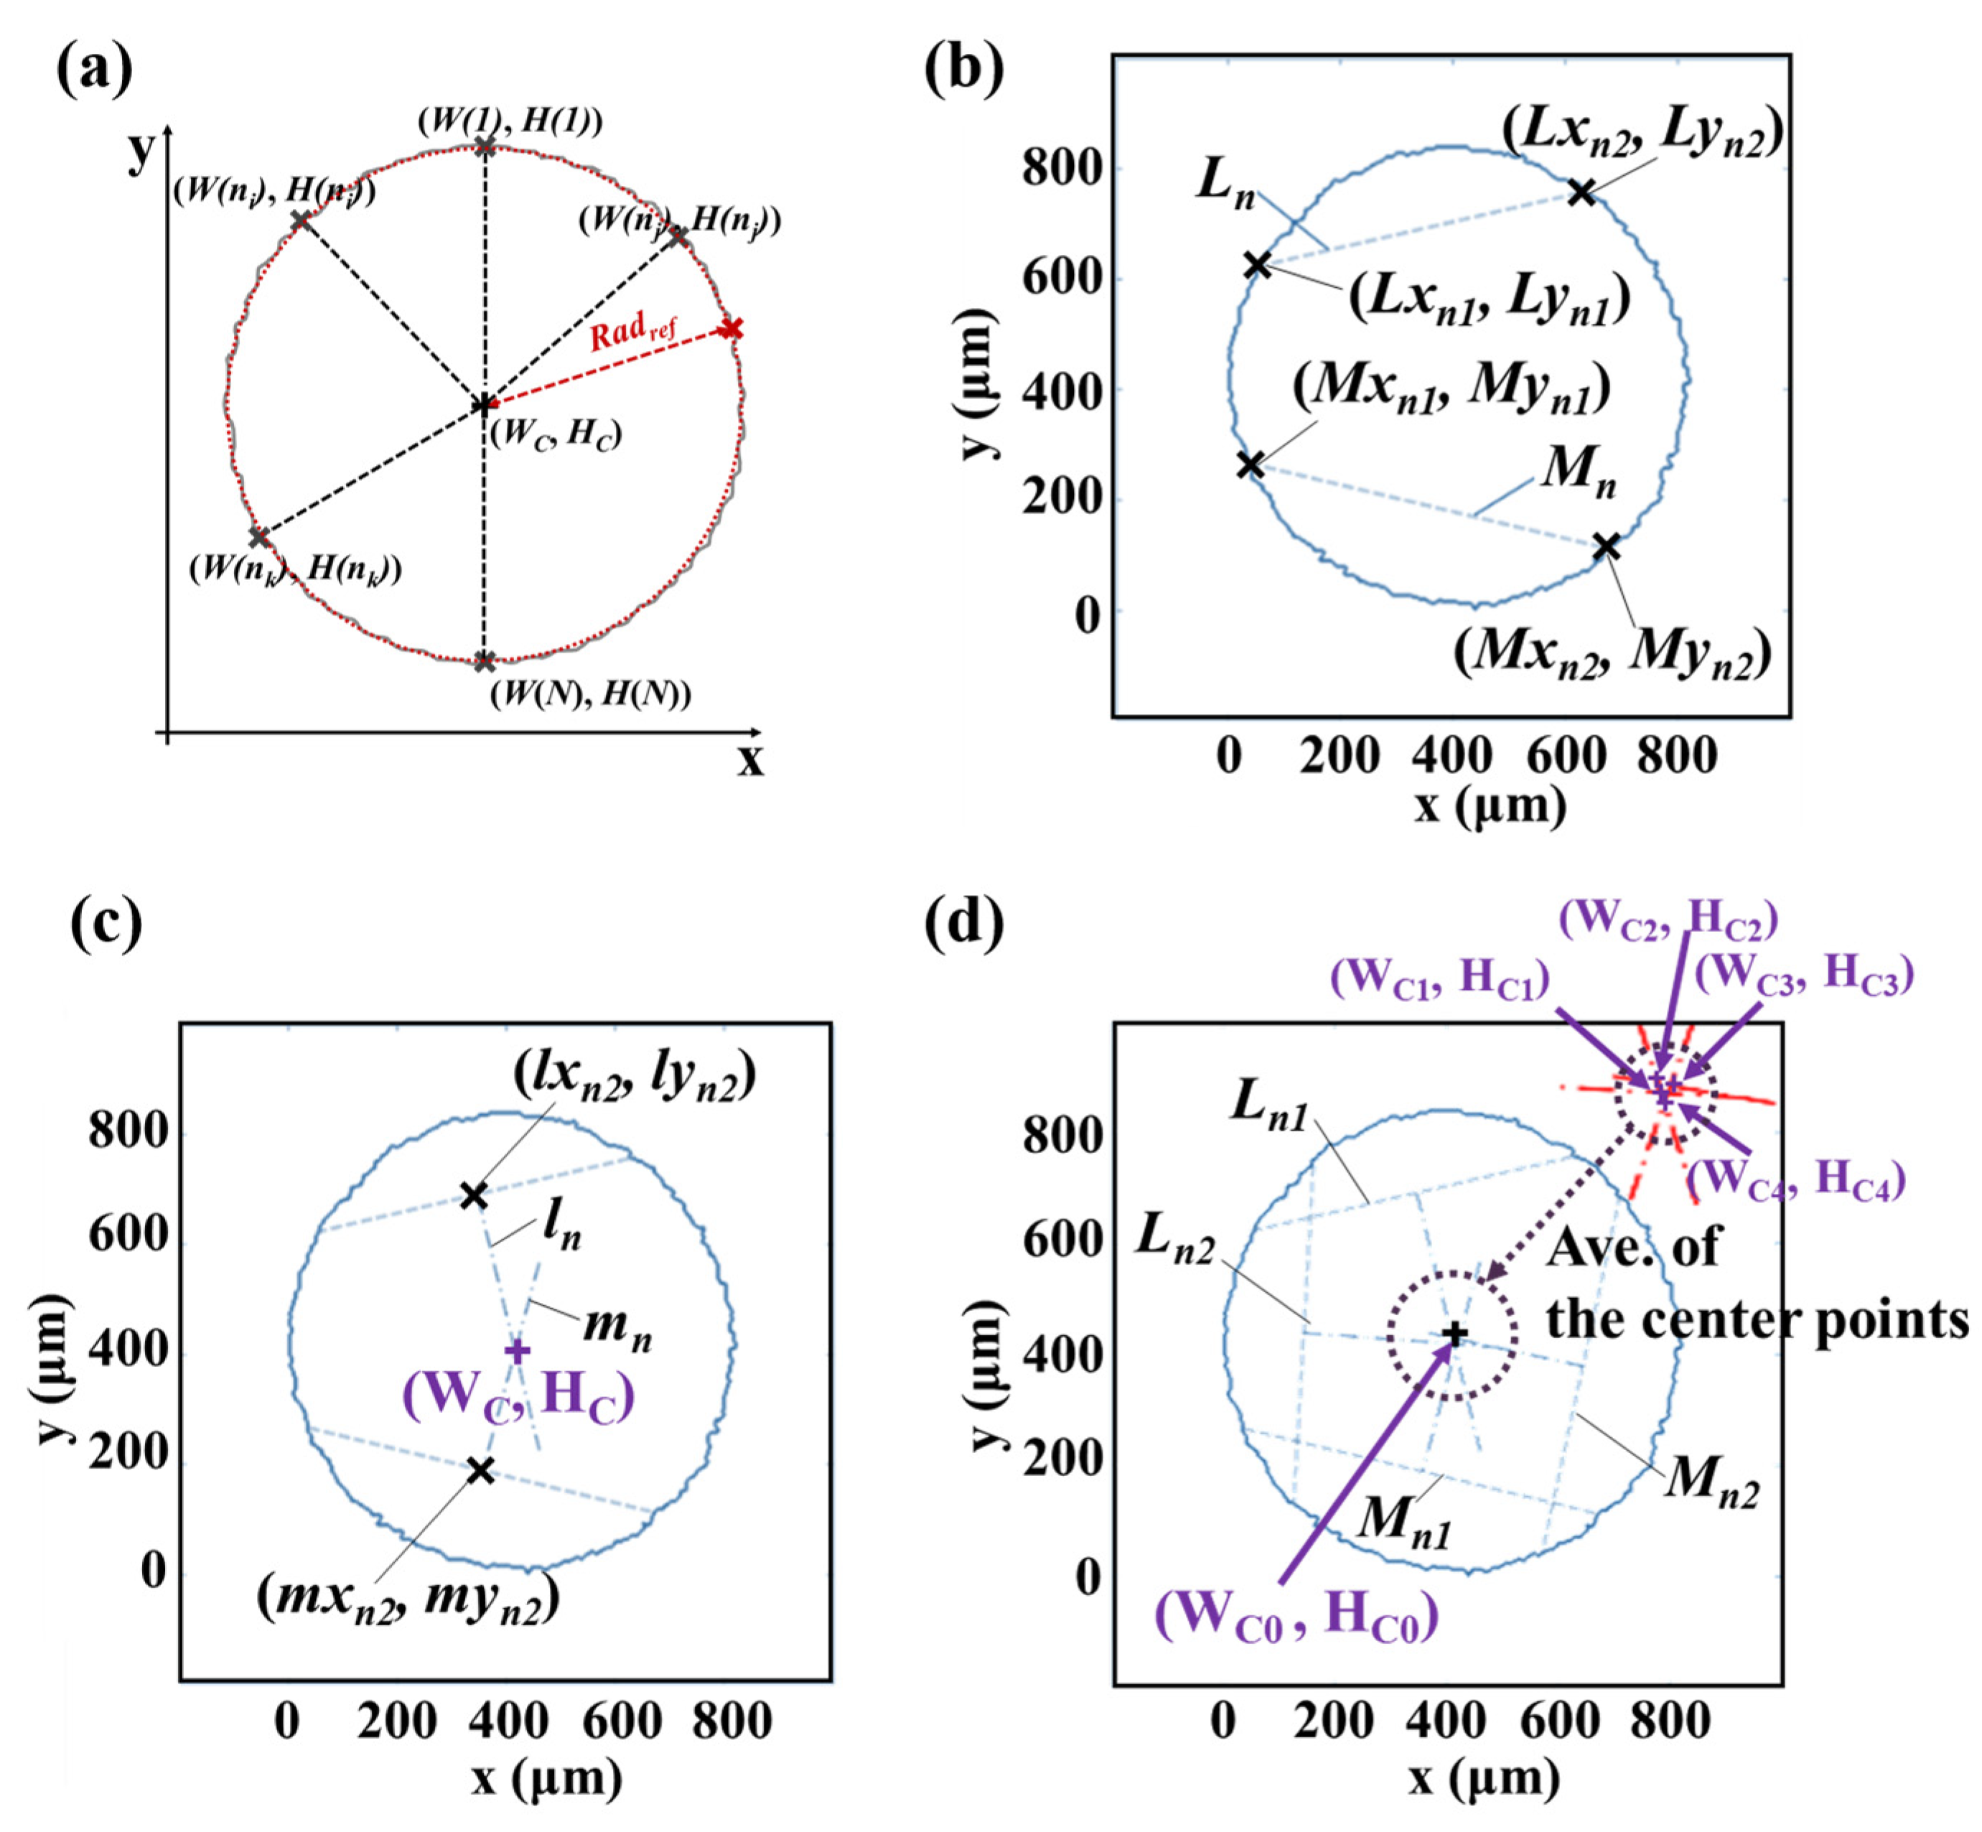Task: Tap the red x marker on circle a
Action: pos(731,328)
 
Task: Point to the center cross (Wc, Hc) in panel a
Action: pos(483,404)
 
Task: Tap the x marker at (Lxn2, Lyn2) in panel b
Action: pos(1582,192)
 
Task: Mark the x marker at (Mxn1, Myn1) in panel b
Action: pos(1251,464)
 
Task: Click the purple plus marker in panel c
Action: pos(518,1350)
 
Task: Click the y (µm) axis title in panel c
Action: pos(55,1368)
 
